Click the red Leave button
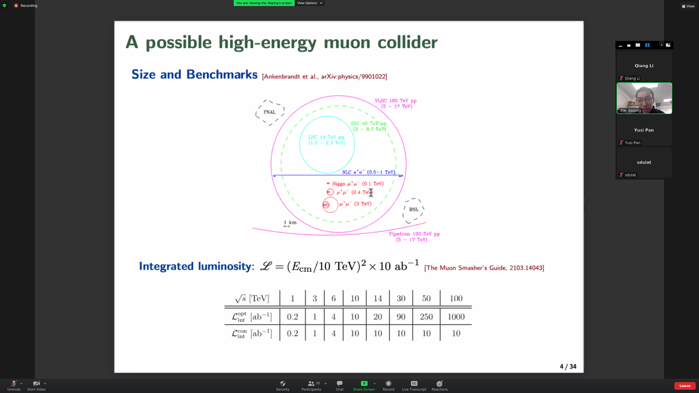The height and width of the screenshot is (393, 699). point(685,386)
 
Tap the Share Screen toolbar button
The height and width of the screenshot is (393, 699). point(364,386)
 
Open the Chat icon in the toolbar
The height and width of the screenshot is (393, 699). point(340,386)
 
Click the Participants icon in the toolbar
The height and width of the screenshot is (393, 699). point(311,386)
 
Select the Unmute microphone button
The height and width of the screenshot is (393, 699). point(14,386)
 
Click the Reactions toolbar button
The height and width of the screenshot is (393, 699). point(440,386)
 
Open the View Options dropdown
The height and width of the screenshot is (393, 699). point(310,3)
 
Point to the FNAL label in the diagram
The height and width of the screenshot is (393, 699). point(269,112)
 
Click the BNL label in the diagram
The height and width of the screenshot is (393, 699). point(414,209)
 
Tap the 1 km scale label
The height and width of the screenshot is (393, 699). point(290,222)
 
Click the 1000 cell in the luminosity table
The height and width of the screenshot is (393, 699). point(456,317)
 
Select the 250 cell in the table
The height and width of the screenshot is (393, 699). point(426,317)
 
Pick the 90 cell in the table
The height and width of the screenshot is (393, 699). point(401,317)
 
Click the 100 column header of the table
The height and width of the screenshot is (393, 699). point(456,298)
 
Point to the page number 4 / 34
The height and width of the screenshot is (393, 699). point(568,366)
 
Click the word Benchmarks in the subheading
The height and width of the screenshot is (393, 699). point(222,74)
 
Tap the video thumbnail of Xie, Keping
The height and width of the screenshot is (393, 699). point(644,98)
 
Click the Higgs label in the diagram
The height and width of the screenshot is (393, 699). point(339,184)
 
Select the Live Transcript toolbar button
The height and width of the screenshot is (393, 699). point(414,386)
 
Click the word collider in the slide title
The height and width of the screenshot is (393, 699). point(408,43)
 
